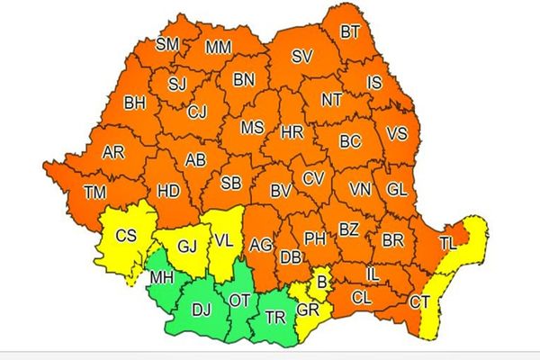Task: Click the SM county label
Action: pyautogui.click(x=167, y=44)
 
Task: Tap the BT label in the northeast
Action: pyautogui.click(x=350, y=32)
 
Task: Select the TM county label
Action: pyautogui.click(x=94, y=192)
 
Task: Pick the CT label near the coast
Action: pyautogui.click(x=419, y=303)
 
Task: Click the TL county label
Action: pyautogui.click(x=447, y=243)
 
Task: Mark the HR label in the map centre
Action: pyautogui.click(x=292, y=132)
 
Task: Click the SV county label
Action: pyautogui.click(x=301, y=57)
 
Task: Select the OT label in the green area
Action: pyautogui.click(x=240, y=299)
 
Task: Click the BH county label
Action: pyautogui.click(x=135, y=103)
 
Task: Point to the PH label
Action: pyautogui.click(x=314, y=238)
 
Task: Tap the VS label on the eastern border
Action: pyautogui.click(x=396, y=133)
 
